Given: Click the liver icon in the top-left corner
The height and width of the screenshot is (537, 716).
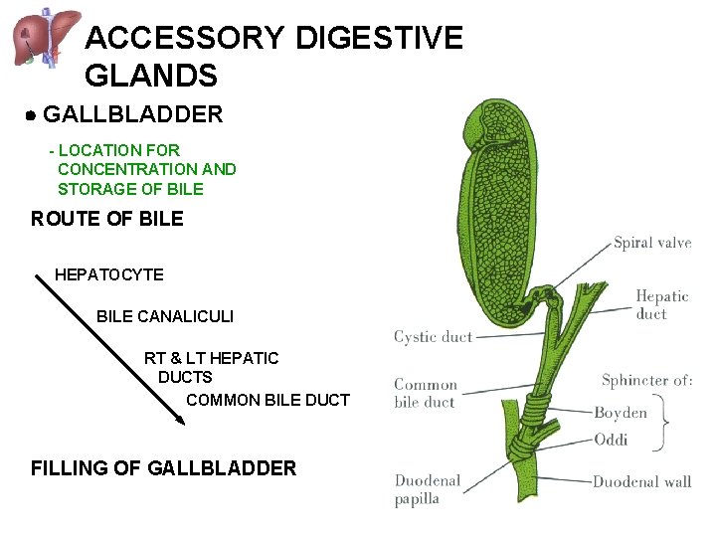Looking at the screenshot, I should point(46,38).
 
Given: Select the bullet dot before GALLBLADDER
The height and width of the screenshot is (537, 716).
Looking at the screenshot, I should point(32,116).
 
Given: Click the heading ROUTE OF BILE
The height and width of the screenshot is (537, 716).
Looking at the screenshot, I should point(107,219).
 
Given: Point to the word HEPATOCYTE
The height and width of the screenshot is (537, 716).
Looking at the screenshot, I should point(109,274).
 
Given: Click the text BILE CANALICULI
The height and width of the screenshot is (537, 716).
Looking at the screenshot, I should point(165,316).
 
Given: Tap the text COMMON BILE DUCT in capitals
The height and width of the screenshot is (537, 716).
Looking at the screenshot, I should point(268,400).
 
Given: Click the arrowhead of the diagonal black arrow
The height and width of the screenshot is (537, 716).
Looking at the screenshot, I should point(179,420).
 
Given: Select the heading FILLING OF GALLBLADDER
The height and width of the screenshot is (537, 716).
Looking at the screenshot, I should point(163,467).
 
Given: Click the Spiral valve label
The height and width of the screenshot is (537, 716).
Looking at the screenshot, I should point(651,243).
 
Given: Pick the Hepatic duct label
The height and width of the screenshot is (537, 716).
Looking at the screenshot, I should point(661,304).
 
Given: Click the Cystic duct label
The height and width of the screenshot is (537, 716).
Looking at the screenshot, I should point(433,337).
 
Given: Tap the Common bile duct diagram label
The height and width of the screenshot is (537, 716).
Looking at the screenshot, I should point(426,393).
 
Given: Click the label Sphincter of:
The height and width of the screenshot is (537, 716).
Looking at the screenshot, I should point(646,380).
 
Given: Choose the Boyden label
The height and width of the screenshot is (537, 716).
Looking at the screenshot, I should point(621,413).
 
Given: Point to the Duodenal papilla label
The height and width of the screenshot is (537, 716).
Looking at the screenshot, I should point(428,489).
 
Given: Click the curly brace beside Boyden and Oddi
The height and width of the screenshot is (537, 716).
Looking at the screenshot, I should point(660,425).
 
